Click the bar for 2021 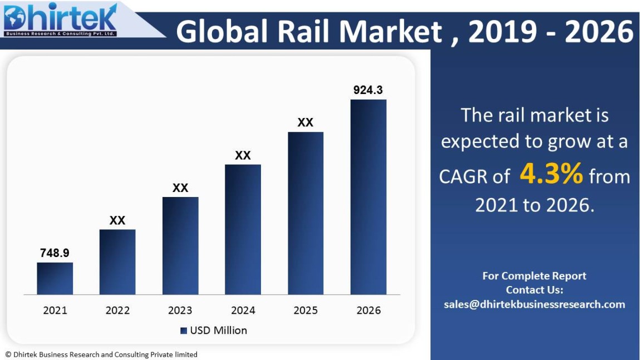point(55,278)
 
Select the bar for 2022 point(117,262)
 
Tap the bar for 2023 point(180,245)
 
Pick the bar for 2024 point(243,229)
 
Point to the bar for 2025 point(306,213)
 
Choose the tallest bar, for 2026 point(368,197)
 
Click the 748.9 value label point(55,253)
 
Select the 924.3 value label point(368,90)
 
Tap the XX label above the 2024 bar point(243,155)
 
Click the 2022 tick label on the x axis point(117,310)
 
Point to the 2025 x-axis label point(306,310)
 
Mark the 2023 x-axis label point(180,310)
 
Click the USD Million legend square point(184,331)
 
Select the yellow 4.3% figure point(551,175)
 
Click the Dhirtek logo point(60,19)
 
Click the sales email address point(534,304)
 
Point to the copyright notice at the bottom point(101,354)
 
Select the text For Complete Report point(534,276)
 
